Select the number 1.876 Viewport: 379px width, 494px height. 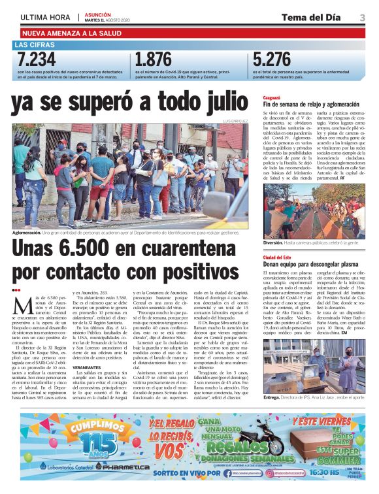(x=154, y=61)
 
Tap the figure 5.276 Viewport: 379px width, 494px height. (x=273, y=61)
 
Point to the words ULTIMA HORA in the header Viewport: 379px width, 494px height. (x=46, y=18)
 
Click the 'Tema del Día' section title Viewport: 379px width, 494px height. (x=316, y=17)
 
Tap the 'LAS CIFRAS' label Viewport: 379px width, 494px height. (x=35, y=45)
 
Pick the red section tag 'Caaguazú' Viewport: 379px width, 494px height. (x=274, y=97)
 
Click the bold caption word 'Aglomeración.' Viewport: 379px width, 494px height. (x=27, y=233)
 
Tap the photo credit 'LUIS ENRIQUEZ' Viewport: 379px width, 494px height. (x=237, y=122)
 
